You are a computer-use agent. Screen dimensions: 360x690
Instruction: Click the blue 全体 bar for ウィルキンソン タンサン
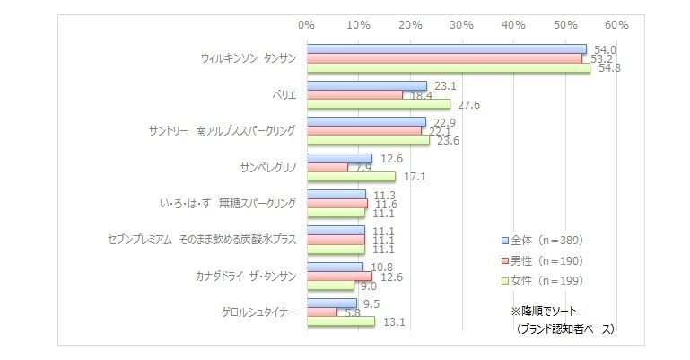pos(446,49)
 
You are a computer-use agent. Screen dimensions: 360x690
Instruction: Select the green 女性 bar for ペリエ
pos(378,104)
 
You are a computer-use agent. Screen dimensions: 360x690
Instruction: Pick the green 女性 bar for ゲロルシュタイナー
pos(341,320)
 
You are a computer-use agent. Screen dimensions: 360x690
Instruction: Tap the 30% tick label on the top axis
pos(461,24)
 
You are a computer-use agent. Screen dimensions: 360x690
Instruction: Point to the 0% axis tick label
pos(307,24)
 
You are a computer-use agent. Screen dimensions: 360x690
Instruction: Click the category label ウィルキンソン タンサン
pos(248,58)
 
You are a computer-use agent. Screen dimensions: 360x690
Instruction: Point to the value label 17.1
pos(414,176)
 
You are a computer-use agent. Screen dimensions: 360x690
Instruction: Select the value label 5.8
pos(353,312)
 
